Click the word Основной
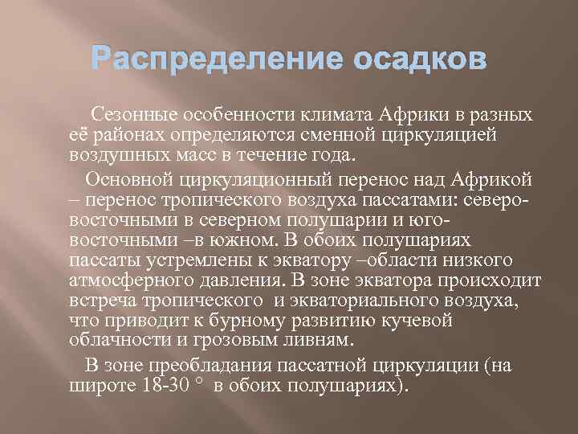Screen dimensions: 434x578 (126, 178)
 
